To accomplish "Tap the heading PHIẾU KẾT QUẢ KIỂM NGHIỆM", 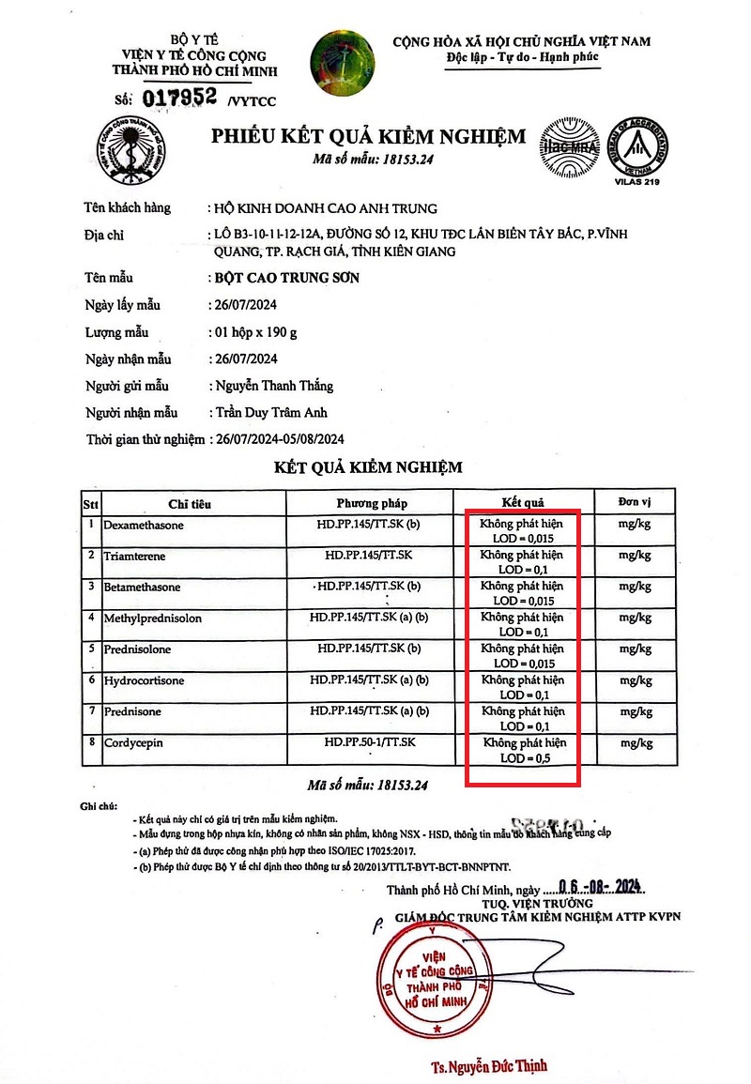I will pos(368,137).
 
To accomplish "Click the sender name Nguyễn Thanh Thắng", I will pos(273,386).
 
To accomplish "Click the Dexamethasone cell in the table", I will pos(144,526).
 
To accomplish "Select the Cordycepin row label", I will pos(132,742).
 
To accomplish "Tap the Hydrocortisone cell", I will pos(144,680).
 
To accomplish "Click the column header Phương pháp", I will pos(372,503).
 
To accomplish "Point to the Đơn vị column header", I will pos(635,502).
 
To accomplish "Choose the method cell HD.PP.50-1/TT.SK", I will pos(372,742).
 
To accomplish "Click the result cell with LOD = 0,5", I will pos(524,750).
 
